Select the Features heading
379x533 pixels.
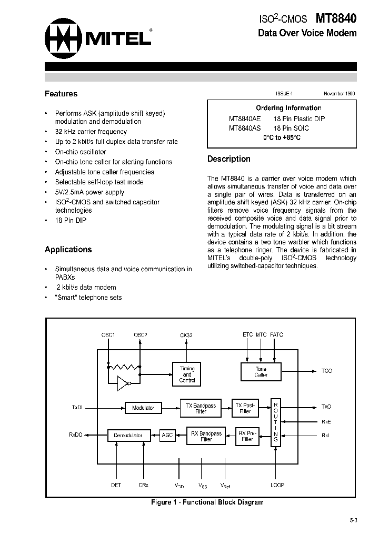pos(61,94)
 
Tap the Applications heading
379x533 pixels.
pos(68,249)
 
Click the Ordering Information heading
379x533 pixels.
pos(281,108)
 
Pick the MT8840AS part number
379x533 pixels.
pos(244,128)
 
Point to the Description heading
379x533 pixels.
pos(228,159)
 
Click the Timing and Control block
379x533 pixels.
pos(187,374)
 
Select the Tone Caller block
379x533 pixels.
pos(261,372)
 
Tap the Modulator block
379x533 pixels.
pos(143,408)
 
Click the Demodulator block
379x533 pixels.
pos(128,436)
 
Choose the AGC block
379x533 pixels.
pos(167,435)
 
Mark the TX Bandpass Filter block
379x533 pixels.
pos(201,408)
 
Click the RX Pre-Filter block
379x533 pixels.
pos(246,436)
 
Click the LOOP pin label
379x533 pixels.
pos(277,485)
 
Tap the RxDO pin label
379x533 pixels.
pos(76,435)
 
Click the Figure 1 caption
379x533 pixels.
pos(207,502)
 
